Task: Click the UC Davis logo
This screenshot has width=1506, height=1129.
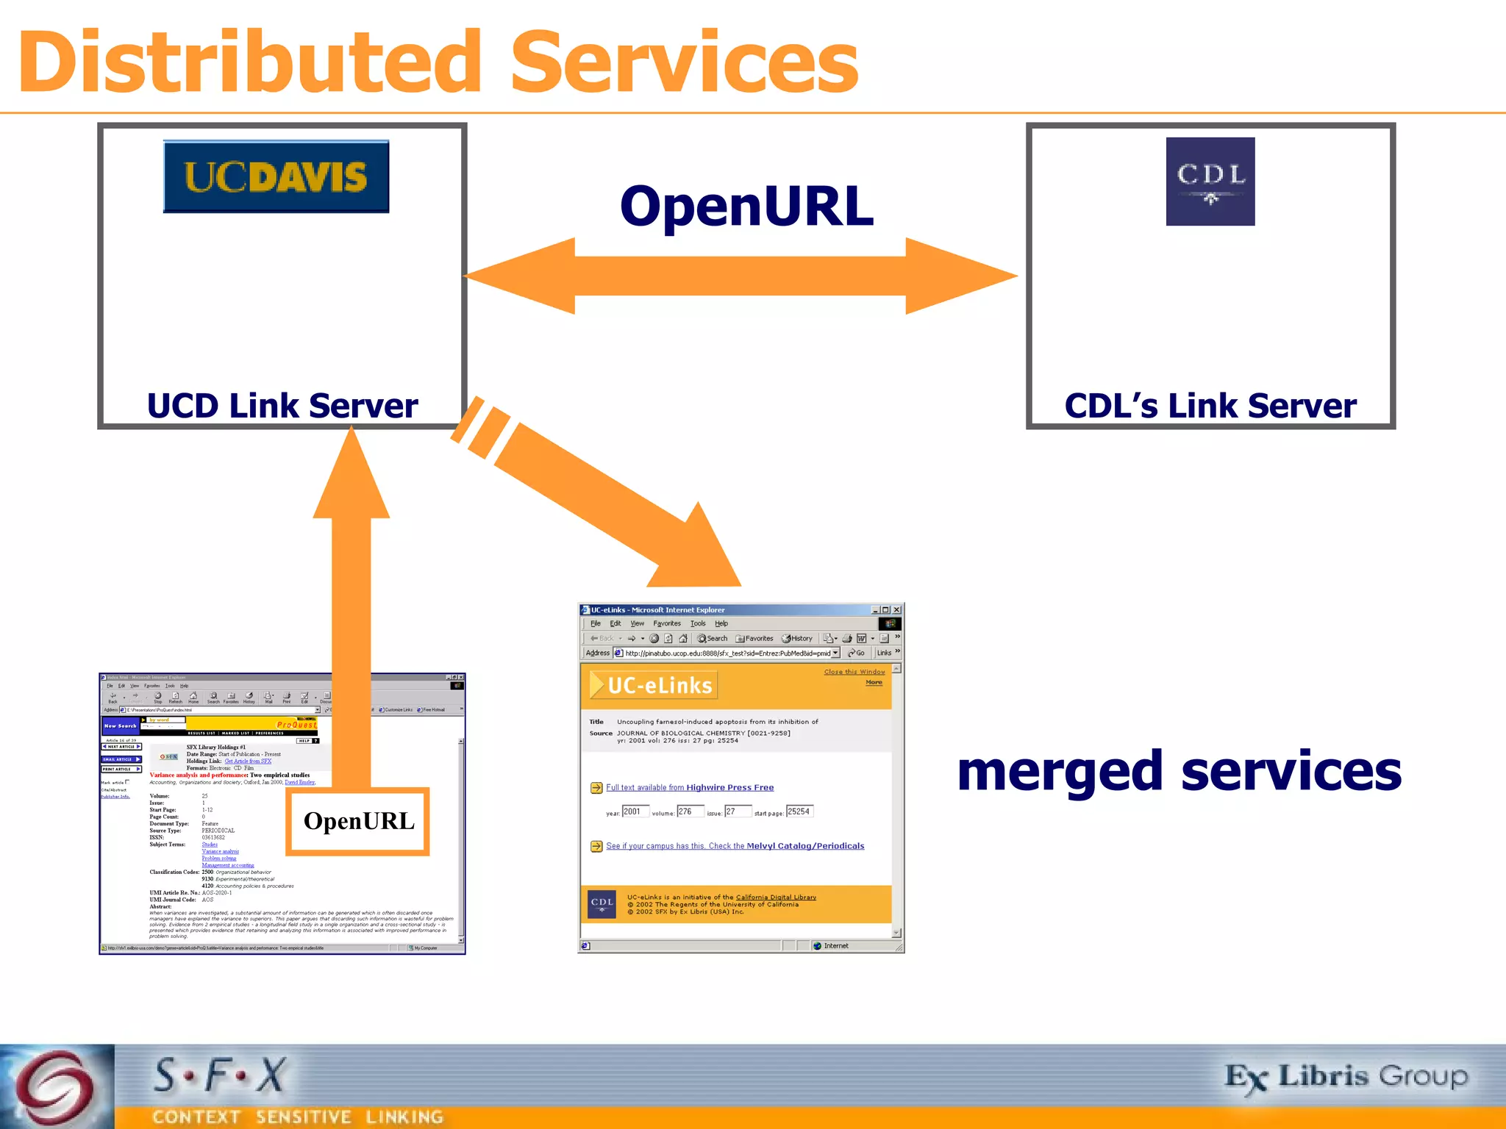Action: pos(276,176)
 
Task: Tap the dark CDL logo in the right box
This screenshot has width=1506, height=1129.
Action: pos(1210,181)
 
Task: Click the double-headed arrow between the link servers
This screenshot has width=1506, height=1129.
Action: pos(740,276)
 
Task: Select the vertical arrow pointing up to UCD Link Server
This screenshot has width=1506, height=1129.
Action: pos(351,588)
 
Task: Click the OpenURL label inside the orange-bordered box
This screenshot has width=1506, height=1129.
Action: pos(359,821)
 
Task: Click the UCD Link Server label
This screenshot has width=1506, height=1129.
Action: pos(282,406)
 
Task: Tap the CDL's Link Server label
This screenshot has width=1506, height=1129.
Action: pos(1210,406)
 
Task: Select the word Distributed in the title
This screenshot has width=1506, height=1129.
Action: pos(250,62)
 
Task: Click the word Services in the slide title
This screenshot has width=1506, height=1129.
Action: pos(684,62)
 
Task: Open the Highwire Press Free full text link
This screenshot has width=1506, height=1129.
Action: pos(690,787)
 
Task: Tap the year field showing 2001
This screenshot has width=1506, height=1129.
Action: pos(635,811)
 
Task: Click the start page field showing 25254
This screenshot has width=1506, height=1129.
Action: pos(799,811)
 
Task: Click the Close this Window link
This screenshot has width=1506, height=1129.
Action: pos(854,672)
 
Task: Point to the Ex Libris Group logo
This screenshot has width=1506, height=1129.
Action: pos(1346,1078)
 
